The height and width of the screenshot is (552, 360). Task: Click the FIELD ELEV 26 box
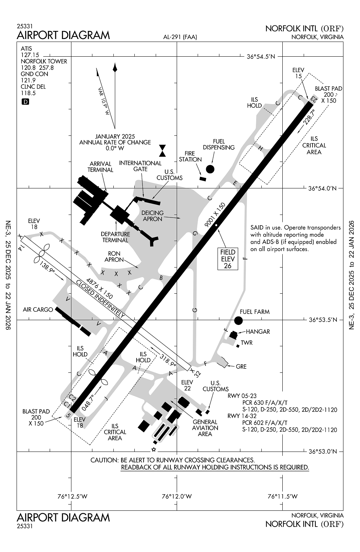pos(227,259)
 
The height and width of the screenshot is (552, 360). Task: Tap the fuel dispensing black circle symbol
pos(210,169)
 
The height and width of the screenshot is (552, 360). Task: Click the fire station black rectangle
pos(202,179)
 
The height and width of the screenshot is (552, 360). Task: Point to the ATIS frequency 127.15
pos(30,55)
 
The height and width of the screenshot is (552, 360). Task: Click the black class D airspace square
pos(25,102)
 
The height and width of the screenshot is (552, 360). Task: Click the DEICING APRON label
pos(153,216)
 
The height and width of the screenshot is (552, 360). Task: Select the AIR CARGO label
pos(38,310)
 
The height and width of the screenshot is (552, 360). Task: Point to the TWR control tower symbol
pos(238,346)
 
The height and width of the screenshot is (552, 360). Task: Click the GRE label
pos(241,367)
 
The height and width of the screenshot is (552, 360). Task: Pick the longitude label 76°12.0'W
pos(177,496)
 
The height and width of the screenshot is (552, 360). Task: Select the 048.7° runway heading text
pos(88,402)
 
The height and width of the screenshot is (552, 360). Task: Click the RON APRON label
pos(114,256)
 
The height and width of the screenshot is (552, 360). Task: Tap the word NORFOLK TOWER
pos(44,61)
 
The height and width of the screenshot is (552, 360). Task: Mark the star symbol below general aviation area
pos(154,449)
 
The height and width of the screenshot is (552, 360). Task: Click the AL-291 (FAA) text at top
pos(180,37)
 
